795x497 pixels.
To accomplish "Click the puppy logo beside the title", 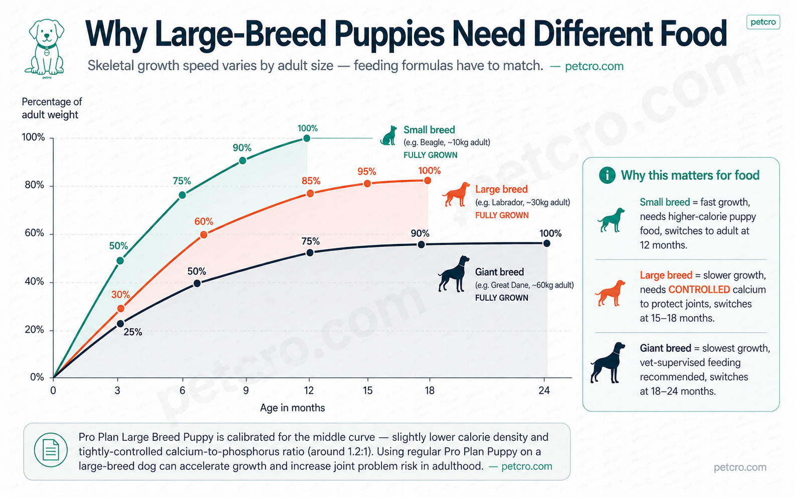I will tap(46, 48).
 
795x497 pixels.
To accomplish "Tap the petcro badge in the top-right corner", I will tap(762, 22).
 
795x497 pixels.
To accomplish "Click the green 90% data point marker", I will tap(243, 160).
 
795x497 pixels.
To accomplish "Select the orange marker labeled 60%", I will tap(204, 234).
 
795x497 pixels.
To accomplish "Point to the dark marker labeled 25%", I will tap(120, 324).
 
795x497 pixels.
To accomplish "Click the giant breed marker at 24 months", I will tap(546, 243).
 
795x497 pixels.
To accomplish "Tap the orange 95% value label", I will tap(366, 171).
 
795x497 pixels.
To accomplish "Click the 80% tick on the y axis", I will tap(35, 185).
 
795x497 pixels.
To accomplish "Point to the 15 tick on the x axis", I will tap(367, 391).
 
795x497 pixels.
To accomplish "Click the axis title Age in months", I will tap(292, 408).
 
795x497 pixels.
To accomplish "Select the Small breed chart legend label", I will tap(429, 130).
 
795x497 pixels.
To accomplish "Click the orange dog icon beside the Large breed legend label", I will tap(456, 194).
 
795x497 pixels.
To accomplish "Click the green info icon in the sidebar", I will tap(607, 175).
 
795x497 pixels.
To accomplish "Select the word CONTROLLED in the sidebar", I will tap(699, 290).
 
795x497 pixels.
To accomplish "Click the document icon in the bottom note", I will tap(51, 449).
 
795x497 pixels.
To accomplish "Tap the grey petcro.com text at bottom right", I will tap(739, 467).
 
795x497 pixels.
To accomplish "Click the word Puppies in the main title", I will tap(389, 34).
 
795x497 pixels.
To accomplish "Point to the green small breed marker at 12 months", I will tap(307, 138).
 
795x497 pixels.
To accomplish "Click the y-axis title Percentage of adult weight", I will tap(51, 108).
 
